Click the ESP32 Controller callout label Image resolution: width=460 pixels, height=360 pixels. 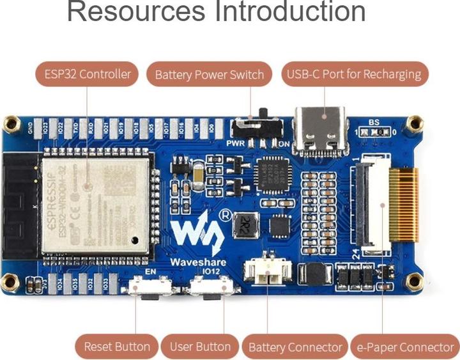(x=88, y=74)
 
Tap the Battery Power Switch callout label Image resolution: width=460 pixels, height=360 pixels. (x=209, y=75)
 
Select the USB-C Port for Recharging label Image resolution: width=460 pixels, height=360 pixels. (x=354, y=74)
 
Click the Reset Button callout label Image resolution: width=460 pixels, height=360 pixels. (x=117, y=347)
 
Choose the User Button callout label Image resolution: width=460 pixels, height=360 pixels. (x=200, y=347)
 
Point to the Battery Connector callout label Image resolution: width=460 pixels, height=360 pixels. (x=295, y=347)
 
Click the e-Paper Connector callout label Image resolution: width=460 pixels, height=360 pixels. (x=405, y=347)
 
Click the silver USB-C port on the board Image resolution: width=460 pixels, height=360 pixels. (x=320, y=130)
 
